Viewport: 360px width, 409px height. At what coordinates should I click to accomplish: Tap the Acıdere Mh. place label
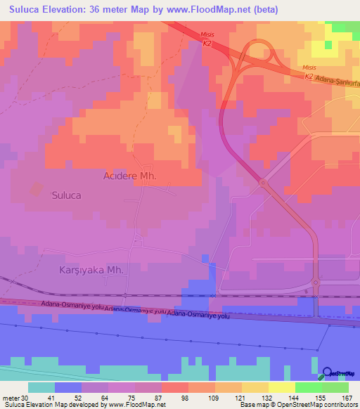(129, 175)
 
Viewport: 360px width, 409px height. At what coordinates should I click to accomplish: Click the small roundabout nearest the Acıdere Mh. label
(263, 183)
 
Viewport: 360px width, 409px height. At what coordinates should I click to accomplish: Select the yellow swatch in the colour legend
(281, 387)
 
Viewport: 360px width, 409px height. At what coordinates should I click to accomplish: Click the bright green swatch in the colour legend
(308, 387)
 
